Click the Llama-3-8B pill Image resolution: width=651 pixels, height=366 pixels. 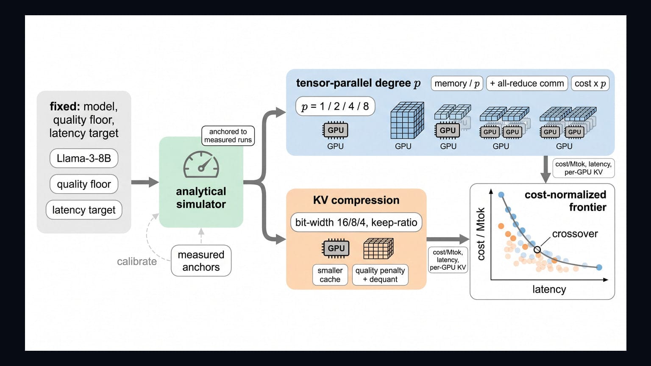83,158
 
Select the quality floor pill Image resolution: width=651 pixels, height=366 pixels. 83,184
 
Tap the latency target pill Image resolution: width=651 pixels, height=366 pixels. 83,210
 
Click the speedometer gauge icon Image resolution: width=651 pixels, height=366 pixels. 201,164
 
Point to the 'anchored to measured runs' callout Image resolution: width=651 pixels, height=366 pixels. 228,136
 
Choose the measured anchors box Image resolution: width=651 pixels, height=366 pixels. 201,261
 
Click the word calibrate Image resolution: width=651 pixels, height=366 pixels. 137,261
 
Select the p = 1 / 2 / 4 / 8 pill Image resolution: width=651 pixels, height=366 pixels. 335,106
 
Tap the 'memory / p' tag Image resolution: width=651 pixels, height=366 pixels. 457,83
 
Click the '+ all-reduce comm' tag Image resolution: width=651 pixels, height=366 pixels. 527,83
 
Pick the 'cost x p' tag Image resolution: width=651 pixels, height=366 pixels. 590,83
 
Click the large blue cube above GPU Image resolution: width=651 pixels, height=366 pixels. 407,120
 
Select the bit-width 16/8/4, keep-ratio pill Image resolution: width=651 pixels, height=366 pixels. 356,222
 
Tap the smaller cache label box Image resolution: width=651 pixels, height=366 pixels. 330,275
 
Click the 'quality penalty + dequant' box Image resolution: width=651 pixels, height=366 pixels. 380,275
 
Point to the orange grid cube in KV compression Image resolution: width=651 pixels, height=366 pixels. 378,249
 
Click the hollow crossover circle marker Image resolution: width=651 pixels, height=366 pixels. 537,250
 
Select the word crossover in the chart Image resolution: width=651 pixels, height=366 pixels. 575,234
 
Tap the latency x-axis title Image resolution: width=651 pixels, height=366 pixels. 549,289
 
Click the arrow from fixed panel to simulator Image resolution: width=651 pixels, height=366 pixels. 145,183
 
